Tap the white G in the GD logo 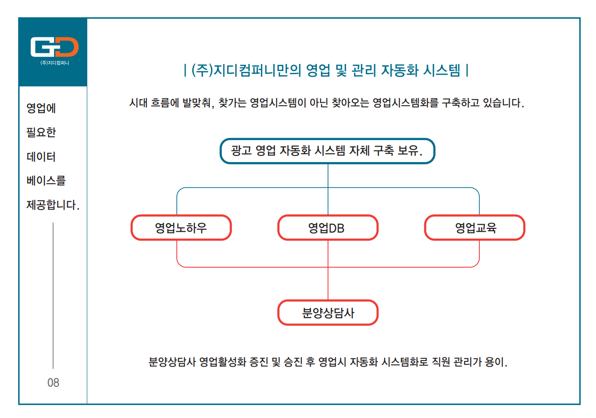42,47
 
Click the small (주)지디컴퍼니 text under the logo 55,63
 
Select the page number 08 53,383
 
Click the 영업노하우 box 181,227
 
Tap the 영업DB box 328,227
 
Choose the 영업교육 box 475,227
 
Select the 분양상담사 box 328,312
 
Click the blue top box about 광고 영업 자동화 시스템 327,151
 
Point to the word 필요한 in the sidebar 41,132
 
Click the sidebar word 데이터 41,156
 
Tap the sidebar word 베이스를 46,181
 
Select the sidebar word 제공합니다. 53,205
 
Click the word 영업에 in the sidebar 41,108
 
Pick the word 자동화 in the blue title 400,71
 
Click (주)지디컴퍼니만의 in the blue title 246,71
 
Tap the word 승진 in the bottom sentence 293,362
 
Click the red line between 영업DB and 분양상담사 328,270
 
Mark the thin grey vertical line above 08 53,296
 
